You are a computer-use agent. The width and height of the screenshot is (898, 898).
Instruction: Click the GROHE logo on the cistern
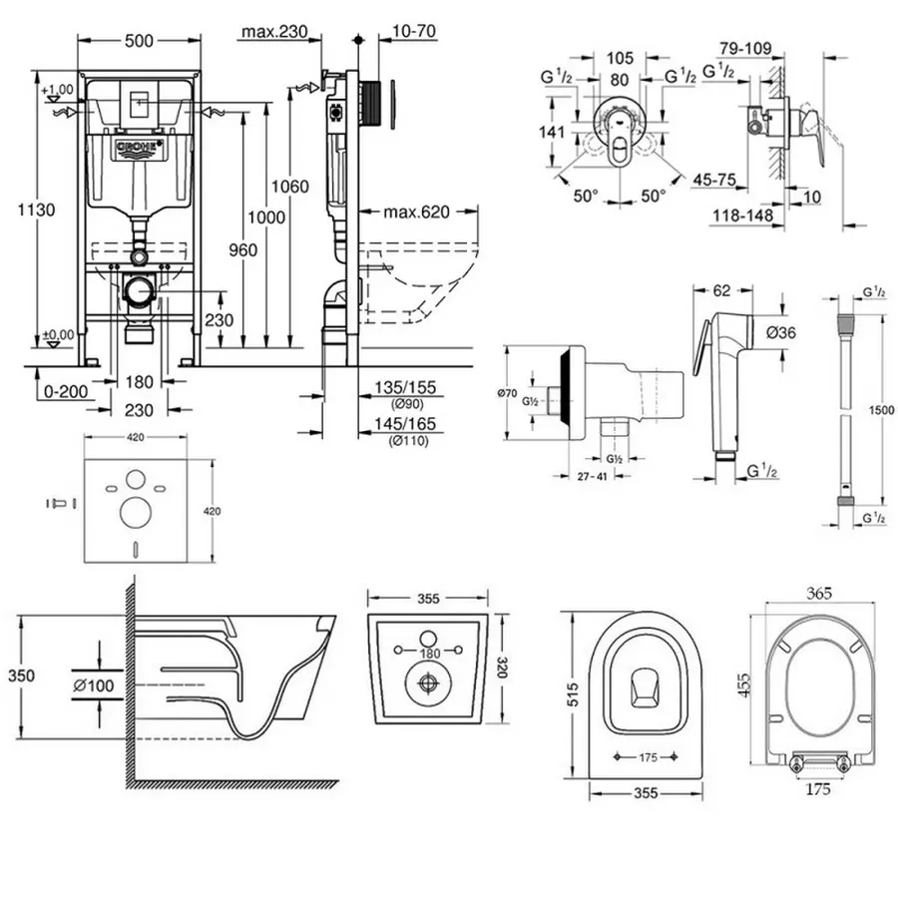click(139, 151)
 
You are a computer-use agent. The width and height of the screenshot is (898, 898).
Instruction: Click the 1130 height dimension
click(40, 210)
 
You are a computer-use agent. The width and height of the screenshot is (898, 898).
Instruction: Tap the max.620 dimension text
click(417, 213)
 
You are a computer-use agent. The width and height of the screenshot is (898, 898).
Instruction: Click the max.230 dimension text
click(272, 33)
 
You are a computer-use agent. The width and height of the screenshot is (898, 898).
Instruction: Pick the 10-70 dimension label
click(412, 33)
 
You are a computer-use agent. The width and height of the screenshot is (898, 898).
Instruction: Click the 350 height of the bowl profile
click(21, 675)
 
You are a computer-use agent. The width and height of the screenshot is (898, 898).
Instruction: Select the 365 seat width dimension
click(818, 593)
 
